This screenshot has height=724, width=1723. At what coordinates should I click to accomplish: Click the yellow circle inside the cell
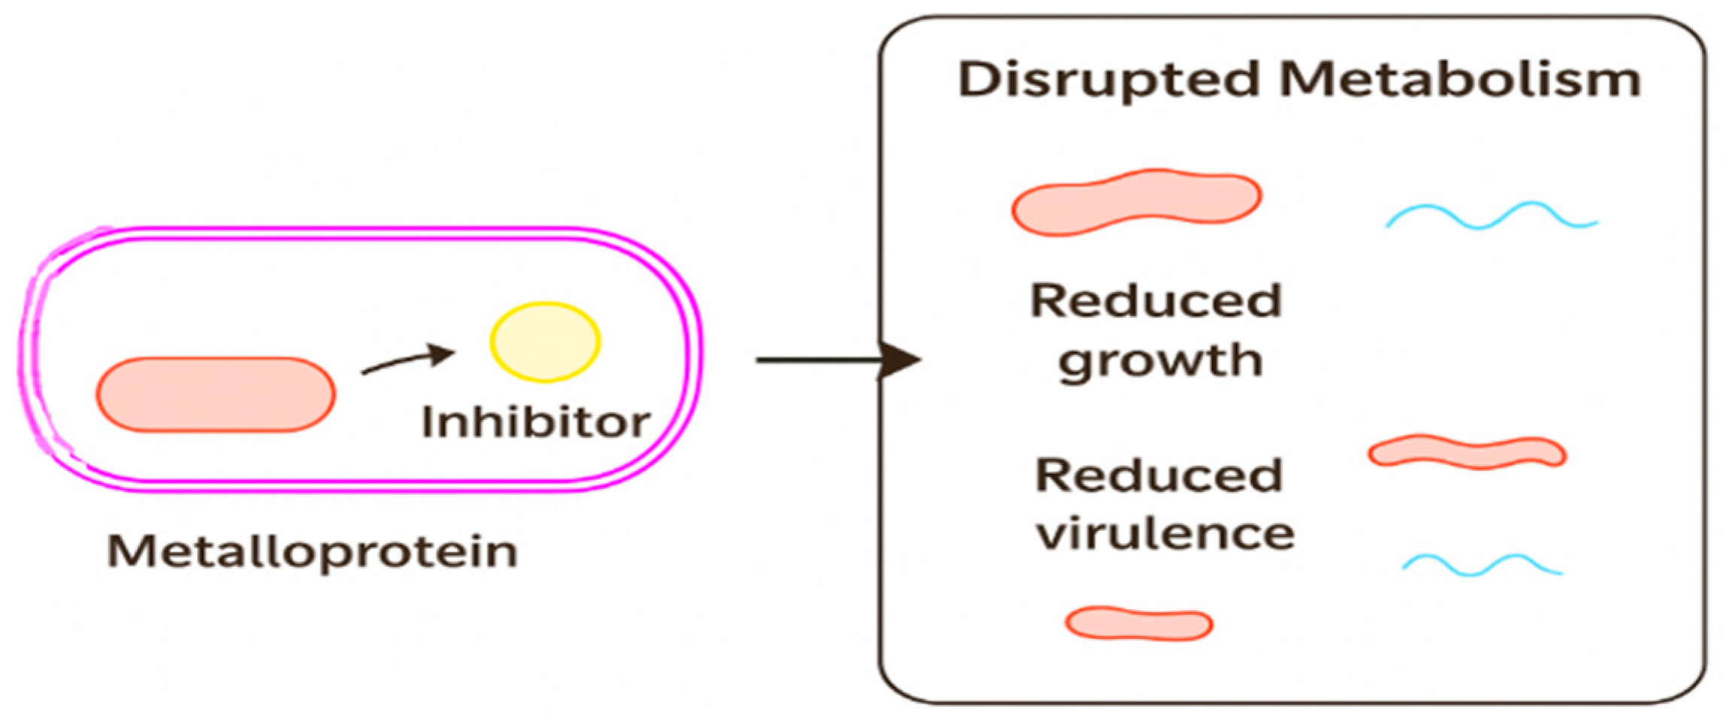click(545, 342)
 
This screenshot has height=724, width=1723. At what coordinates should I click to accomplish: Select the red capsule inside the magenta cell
click(216, 394)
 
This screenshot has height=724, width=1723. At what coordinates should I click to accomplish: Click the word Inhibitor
click(535, 422)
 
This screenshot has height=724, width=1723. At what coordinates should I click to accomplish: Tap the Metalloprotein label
click(313, 552)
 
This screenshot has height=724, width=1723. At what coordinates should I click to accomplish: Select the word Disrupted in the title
click(1108, 80)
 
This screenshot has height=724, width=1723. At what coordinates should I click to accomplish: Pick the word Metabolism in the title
click(1459, 80)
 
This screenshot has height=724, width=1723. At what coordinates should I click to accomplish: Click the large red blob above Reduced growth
click(1136, 201)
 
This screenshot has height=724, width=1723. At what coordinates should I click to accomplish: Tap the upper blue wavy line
click(1492, 216)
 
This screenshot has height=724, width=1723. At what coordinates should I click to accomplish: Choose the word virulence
click(1165, 534)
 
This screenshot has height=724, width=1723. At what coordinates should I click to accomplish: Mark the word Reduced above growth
click(1156, 301)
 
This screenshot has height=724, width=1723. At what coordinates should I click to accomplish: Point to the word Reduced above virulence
click(1159, 475)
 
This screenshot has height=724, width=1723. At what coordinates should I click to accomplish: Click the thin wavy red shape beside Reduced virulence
click(1466, 453)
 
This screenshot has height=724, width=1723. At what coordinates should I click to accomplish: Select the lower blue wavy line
click(1482, 565)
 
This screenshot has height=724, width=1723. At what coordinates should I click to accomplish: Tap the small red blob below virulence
click(1138, 624)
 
